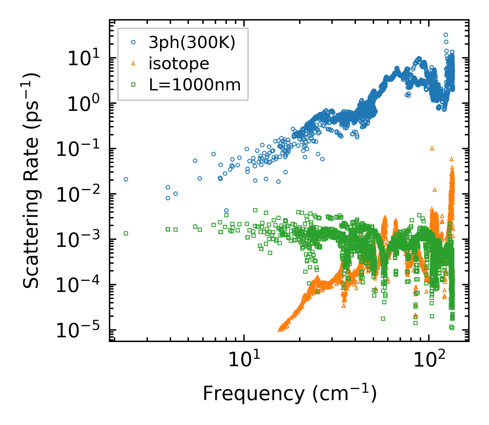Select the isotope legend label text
pos(179,63)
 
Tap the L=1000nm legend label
pos(195,85)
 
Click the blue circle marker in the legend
pos(133,43)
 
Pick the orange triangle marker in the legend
pos(133,63)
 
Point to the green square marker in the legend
pos(133,85)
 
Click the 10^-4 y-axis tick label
pos(81,285)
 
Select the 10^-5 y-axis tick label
pos(81,331)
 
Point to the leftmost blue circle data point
pos(126,179)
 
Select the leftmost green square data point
pos(126,233)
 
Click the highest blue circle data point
pos(446,35)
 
